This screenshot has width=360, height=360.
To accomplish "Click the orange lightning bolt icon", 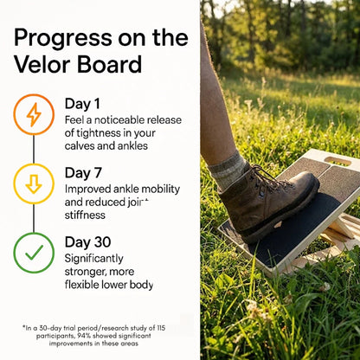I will click(34, 114).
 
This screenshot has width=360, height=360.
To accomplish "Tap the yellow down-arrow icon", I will click(34, 183).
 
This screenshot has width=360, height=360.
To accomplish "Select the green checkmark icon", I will click(34, 253).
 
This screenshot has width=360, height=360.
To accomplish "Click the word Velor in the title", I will click(43, 66).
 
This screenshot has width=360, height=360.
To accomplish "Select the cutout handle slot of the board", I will click(337, 161).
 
